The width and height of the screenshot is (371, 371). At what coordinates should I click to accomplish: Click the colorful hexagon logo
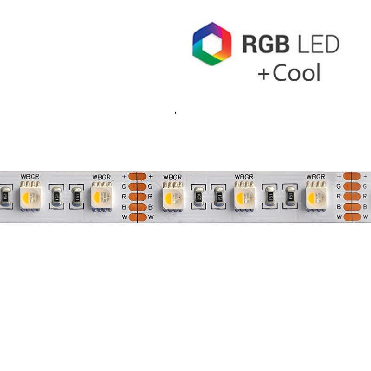coord(211,44)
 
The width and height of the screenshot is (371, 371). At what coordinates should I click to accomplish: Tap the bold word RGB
coord(266,45)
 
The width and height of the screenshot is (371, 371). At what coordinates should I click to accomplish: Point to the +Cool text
coord(289,73)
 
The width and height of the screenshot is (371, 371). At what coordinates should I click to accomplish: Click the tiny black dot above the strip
coord(175,112)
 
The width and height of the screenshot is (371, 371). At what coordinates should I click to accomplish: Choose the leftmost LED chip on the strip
coord(31,197)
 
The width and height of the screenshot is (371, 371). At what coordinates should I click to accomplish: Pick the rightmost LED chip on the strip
coord(316,197)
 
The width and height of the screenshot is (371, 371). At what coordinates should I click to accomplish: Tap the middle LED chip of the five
coord(173,197)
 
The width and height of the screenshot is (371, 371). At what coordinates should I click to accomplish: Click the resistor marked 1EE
coord(198,197)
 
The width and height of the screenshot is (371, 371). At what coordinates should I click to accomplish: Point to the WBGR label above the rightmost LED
coord(315,177)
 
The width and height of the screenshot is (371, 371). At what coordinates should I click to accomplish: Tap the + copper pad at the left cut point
coord(137,176)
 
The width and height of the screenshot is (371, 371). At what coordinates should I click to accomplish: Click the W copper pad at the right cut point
coord(352,217)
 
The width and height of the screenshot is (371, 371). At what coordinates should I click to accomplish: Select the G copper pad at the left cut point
coord(137,186)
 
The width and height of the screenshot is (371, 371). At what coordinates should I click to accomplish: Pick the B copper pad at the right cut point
coord(352,207)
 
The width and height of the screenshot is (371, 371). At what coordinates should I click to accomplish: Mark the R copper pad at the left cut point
coord(137,197)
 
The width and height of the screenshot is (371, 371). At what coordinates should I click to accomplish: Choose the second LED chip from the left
coord(102,197)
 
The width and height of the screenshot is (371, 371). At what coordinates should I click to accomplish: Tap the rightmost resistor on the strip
coord(290,197)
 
